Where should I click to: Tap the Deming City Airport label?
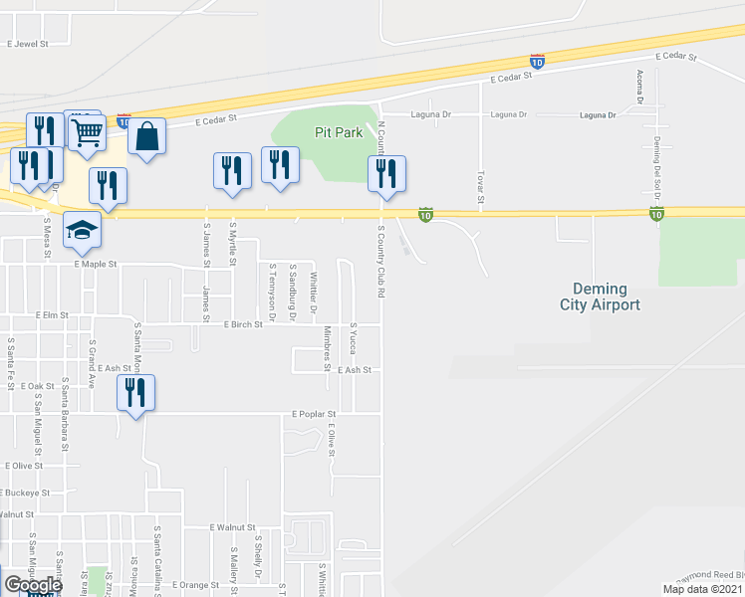(x=600, y=297)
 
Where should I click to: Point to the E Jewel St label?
(x=28, y=45)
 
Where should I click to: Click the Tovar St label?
(x=480, y=187)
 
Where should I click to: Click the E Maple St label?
(x=96, y=265)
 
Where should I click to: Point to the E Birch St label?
(x=243, y=324)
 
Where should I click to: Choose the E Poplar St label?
(x=315, y=413)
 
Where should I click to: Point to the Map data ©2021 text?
(x=701, y=589)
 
